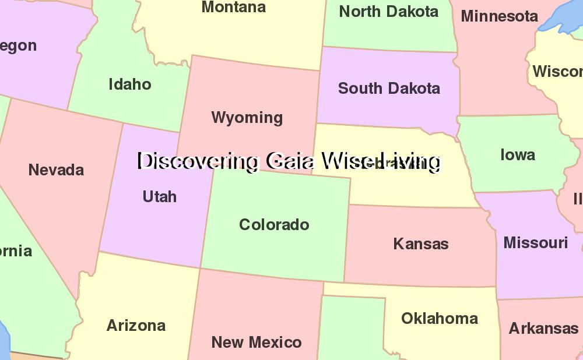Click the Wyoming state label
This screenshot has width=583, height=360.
(247, 118)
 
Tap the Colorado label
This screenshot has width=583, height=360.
(274, 225)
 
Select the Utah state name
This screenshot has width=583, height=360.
(159, 197)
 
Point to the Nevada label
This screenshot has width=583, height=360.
(56, 170)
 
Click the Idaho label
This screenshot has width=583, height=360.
(129, 84)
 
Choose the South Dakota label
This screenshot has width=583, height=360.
(389, 89)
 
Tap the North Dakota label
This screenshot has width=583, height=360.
(388, 12)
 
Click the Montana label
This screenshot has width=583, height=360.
(233, 8)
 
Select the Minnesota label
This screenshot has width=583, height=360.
(499, 16)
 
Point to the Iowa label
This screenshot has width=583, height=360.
(517, 155)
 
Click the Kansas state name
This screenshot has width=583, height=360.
(420, 243)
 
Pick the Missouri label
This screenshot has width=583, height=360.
(535, 242)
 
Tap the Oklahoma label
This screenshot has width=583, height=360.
(439, 319)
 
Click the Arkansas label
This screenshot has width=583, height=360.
(543, 329)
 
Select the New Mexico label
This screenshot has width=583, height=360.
(256, 342)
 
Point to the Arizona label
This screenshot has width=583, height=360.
(136, 326)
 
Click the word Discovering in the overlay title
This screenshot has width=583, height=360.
(198, 161)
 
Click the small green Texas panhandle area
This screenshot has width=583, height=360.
(350, 326)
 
